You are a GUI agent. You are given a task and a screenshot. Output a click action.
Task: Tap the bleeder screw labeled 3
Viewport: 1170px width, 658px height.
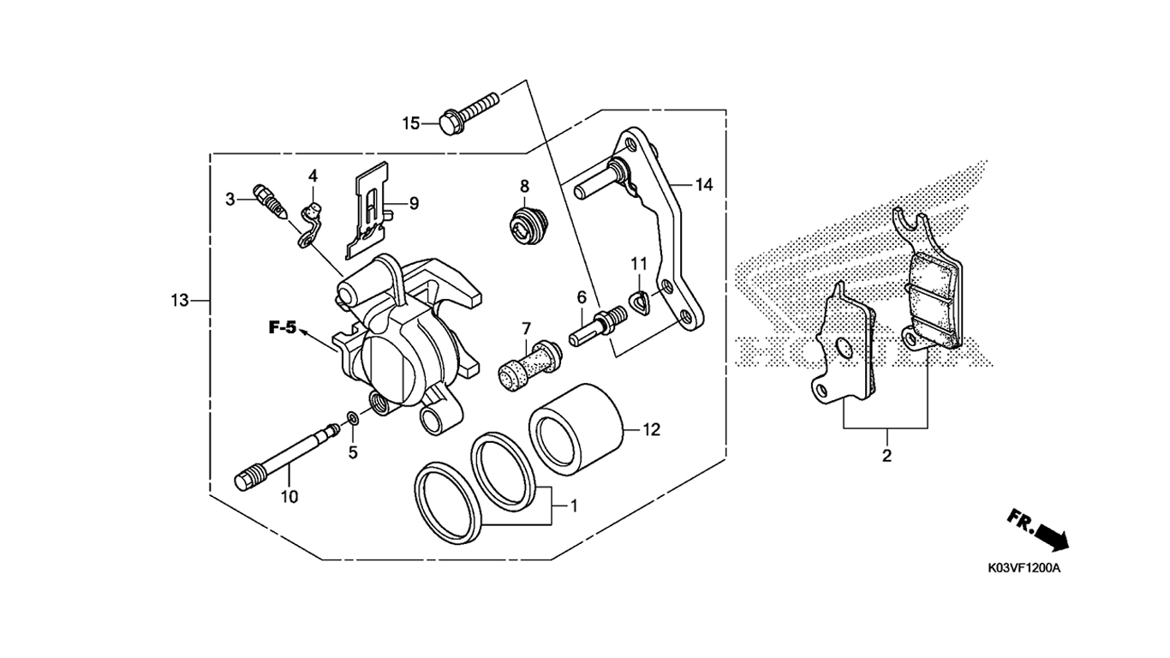click(270, 201)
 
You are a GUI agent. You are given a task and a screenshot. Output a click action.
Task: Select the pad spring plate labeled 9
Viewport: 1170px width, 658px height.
click(369, 210)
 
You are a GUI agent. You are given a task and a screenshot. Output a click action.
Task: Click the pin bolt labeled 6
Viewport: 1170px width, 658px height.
click(597, 326)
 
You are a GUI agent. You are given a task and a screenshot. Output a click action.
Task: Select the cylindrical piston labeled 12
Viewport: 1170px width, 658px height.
click(576, 429)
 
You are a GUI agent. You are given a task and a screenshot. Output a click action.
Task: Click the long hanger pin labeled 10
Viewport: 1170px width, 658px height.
click(287, 457)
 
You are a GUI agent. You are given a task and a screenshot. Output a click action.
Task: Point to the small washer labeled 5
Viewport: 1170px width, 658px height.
click(353, 418)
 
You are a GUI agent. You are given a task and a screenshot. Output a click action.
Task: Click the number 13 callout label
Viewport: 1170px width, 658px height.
click(180, 301)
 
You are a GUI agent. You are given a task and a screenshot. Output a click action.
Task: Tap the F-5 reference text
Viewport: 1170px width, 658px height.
click(283, 328)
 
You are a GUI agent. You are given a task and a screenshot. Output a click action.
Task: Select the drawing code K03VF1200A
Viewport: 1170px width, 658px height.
click(1024, 569)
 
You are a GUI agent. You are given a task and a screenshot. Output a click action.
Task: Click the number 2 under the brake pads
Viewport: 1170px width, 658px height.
click(886, 456)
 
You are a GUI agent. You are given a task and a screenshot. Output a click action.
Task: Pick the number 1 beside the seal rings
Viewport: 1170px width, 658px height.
click(573, 505)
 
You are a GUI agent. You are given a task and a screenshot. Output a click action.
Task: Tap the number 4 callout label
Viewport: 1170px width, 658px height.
click(313, 176)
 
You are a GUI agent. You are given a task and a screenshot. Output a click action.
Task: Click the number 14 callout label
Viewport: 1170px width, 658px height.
click(703, 184)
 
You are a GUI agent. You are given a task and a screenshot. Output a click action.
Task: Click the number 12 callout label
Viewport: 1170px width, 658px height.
click(651, 429)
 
